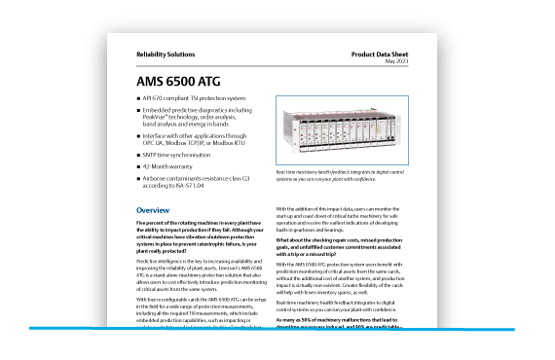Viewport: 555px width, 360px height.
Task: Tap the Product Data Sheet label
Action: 386,54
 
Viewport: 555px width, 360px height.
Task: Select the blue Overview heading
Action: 153,210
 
